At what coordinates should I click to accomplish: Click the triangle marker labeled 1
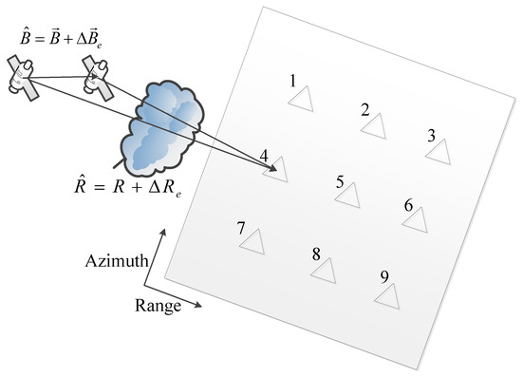(x=303, y=100)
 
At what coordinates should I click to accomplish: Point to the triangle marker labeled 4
(x=275, y=171)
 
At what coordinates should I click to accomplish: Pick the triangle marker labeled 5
(x=347, y=196)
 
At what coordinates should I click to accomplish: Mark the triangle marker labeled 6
(x=415, y=219)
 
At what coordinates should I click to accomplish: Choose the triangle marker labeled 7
(x=252, y=243)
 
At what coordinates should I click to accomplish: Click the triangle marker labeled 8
(x=324, y=271)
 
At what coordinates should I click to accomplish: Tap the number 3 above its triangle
(x=432, y=136)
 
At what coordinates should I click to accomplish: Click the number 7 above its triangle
(x=242, y=228)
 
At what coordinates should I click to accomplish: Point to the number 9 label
(x=383, y=276)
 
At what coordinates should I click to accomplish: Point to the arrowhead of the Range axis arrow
(x=198, y=306)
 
